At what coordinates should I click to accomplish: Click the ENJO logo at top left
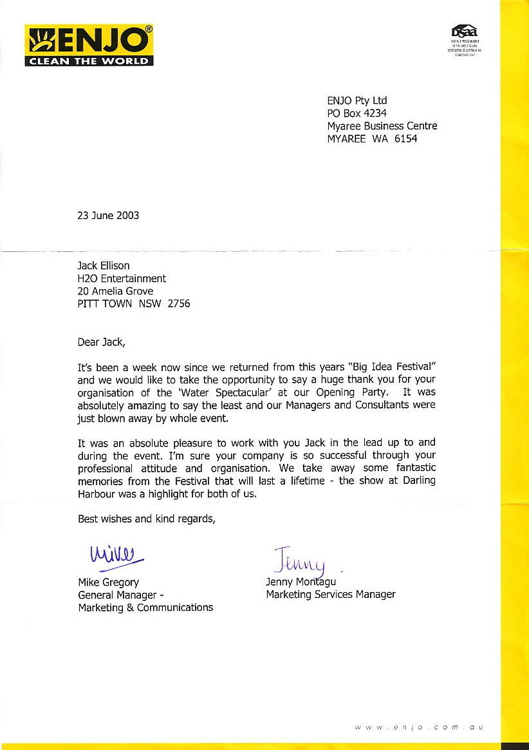[x=89, y=45]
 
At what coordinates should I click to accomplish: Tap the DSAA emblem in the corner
[x=465, y=32]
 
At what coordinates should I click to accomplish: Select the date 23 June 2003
[x=108, y=215]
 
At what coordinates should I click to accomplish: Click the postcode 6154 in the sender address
[x=405, y=139]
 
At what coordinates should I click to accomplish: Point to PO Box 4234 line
[x=357, y=113]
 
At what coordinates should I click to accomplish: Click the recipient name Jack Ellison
[x=105, y=265]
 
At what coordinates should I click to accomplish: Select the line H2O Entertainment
[x=122, y=278]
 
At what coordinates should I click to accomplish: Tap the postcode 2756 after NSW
[x=179, y=303]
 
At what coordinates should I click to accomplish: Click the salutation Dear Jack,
[x=100, y=342]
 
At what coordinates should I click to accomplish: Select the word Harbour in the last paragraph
[x=97, y=494]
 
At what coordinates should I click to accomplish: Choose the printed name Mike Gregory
[x=109, y=582]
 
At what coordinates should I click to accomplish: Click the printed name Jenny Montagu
[x=301, y=582]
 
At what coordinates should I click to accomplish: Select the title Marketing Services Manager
[x=331, y=594]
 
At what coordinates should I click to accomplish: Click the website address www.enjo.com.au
[x=418, y=727]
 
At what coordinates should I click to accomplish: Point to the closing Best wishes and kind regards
[x=146, y=519]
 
